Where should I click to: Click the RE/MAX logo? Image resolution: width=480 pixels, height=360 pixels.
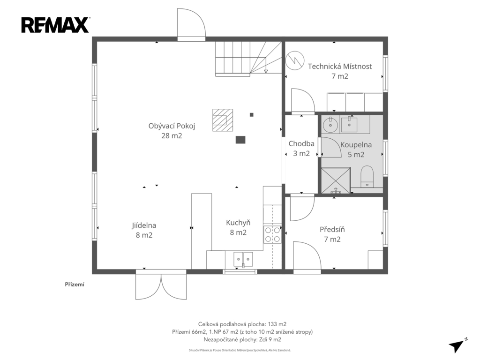(55, 25)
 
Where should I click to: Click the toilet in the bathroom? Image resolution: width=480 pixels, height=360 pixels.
(367, 176)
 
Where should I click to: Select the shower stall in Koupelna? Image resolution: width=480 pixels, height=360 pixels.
(336, 180)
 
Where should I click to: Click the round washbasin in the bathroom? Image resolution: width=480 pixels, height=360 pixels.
(330, 125)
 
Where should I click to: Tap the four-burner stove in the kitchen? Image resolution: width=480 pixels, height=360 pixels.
(272, 234)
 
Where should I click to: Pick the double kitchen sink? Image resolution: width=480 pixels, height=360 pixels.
(243, 259)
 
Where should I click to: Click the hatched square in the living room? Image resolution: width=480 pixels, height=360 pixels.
(223, 120)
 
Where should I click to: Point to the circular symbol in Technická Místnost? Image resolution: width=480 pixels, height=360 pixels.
(295, 60)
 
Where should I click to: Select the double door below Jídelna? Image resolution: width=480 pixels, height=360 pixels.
(161, 286)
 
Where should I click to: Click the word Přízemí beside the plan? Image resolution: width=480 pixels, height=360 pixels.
(75, 285)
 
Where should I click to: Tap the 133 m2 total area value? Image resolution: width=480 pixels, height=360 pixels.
(277, 324)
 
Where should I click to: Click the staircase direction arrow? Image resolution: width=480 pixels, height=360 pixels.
(266, 65)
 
